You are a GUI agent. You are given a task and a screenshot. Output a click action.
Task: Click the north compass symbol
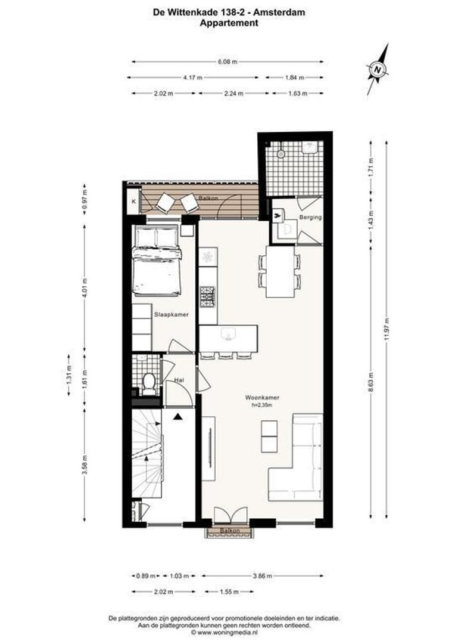pyautogui.click(x=378, y=70)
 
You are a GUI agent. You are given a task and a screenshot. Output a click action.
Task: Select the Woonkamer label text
pyautogui.click(x=262, y=397)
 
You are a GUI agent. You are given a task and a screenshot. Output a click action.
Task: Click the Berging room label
pyautogui.click(x=310, y=218)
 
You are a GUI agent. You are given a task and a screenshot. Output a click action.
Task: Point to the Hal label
pyautogui.click(x=178, y=380)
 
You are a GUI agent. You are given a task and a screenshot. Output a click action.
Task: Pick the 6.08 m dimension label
pyautogui.click(x=227, y=61)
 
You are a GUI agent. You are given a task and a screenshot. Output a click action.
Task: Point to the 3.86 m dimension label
pyautogui.click(x=262, y=576)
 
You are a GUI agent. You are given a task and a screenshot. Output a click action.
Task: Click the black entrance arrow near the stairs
pyautogui.click(x=177, y=417)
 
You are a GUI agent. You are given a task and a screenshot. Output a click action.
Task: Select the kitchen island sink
pyautogui.click(x=226, y=334)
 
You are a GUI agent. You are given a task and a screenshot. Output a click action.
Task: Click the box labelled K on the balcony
pyautogui.click(x=133, y=202)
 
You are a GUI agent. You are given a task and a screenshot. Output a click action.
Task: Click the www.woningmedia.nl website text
pyautogui.click(x=227, y=633)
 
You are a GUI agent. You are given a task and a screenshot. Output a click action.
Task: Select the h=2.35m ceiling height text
pyautogui.click(x=262, y=405)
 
